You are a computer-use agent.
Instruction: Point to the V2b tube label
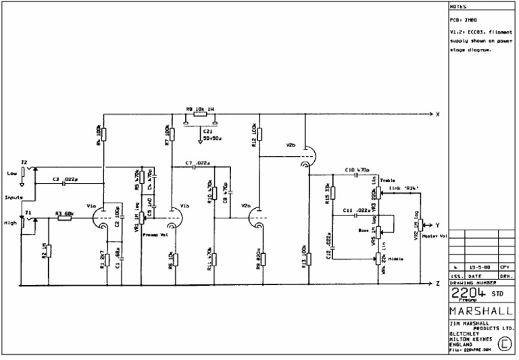point(291,145)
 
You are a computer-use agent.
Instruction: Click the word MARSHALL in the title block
point(480,311)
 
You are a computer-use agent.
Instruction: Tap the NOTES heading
point(458,7)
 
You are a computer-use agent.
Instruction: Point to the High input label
point(10,222)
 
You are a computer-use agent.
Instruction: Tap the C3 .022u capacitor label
point(65,178)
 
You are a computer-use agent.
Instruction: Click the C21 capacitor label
point(207,131)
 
